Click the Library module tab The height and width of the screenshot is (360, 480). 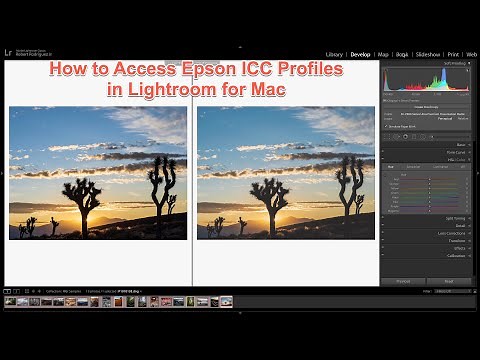tap(334, 54)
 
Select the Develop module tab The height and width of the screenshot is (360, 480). tap(361, 54)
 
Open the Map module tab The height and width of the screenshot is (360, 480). tap(384, 54)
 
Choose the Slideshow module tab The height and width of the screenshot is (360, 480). tap(428, 54)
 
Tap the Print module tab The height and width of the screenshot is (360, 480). tap(454, 54)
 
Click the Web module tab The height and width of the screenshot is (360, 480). tap(472, 54)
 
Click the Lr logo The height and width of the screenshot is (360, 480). tap(8, 52)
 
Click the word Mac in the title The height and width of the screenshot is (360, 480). tap(268, 89)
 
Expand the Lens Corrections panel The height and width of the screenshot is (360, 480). tap(455, 233)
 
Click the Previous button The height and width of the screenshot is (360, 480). tap(403, 281)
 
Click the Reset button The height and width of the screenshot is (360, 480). tap(449, 281)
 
